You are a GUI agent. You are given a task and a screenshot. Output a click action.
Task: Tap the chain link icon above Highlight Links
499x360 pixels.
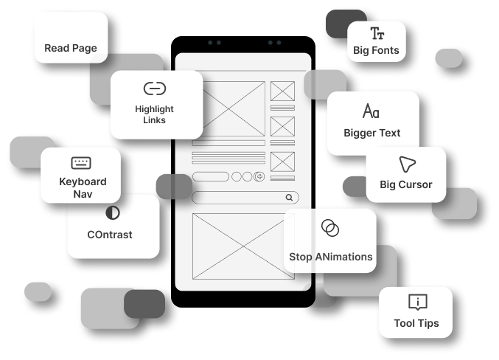tap(155, 89)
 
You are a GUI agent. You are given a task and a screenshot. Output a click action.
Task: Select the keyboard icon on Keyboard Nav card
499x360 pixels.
tap(81, 163)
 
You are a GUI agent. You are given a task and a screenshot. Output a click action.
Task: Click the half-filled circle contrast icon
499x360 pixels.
tap(113, 213)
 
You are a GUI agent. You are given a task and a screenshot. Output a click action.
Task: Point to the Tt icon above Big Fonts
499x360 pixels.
tap(377, 34)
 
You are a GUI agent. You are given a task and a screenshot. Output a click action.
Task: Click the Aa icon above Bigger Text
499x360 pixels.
tap(371, 111)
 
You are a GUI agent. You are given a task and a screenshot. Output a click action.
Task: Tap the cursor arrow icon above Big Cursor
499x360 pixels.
tap(406, 164)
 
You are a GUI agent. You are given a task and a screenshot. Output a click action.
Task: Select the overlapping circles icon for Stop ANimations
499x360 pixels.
tap(330, 229)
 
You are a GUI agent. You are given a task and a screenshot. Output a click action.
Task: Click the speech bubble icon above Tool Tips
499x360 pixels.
tap(417, 302)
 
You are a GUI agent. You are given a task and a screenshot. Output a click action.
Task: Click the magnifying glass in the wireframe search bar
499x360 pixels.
tap(290, 198)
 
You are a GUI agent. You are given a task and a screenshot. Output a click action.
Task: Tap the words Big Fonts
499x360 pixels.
tap(376, 51)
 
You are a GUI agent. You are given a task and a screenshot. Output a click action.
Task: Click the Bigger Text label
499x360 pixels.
tap(372, 134)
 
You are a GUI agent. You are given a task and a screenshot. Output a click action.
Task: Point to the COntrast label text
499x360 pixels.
tap(110, 235)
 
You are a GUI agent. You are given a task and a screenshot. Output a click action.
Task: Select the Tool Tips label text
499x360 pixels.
tap(416, 323)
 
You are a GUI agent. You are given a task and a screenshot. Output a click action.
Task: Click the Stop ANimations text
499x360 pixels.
tap(330, 257)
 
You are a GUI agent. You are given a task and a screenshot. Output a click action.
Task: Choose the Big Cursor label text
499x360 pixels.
tap(406, 184)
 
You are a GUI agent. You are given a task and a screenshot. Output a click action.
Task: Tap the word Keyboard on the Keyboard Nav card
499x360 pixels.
tap(83, 181)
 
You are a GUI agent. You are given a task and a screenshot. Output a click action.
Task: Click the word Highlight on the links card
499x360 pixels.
tap(155, 109)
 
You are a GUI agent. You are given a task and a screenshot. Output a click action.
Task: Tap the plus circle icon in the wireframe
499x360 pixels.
tap(259, 176)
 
